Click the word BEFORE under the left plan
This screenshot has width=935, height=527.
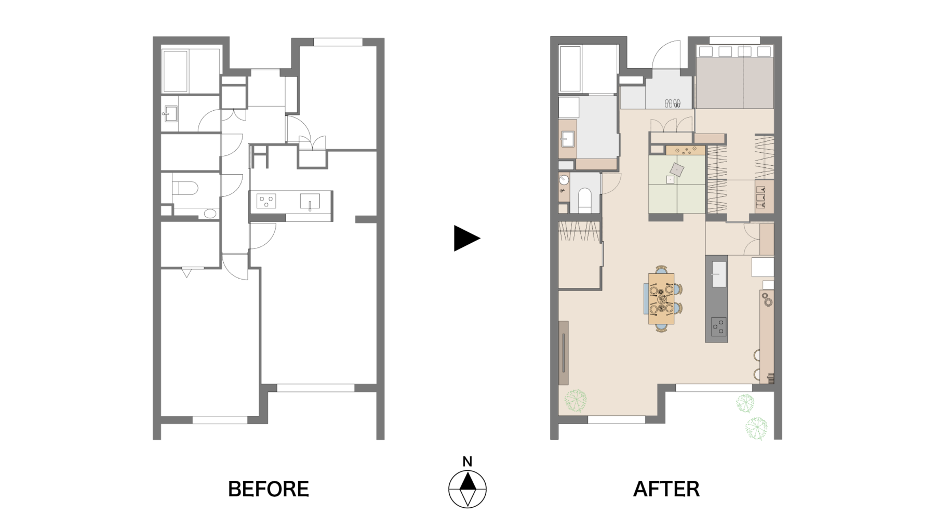[269, 489]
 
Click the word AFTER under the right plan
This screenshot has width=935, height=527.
[666, 489]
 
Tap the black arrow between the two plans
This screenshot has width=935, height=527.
[467, 239]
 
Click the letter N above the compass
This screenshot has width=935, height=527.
[468, 462]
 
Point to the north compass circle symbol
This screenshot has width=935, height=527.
[468, 489]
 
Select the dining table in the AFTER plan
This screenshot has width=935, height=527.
[661, 299]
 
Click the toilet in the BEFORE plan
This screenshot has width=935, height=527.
[184, 188]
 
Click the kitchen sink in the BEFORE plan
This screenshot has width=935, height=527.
[310, 201]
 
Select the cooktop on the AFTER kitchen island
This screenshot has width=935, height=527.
[719, 326]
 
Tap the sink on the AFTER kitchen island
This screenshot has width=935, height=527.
[719, 274]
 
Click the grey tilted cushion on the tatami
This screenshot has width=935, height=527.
[677, 169]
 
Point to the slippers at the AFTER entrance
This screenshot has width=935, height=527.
[673, 103]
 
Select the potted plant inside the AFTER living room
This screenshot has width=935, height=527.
[576, 401]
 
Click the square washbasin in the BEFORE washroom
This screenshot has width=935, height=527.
[171, 113]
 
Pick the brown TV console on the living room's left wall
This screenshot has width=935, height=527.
[564, 353]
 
